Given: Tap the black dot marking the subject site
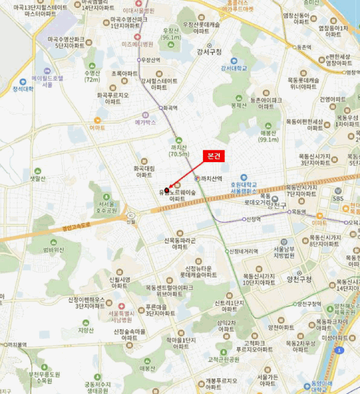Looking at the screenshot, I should point(166,190).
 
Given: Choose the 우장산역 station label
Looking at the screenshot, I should point(150,60).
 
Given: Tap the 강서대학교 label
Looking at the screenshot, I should point(234,68).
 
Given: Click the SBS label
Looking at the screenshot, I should point(338,198).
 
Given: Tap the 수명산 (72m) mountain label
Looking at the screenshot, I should point(92,76).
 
